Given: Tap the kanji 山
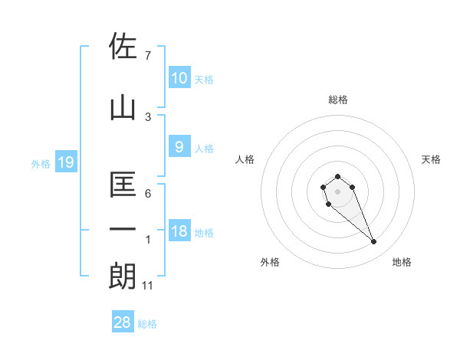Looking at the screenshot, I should coord(123,108).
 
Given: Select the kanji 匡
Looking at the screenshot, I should coord(123,184).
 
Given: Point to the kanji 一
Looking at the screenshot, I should coord(123,229).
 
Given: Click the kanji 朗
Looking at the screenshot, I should coord(123,277).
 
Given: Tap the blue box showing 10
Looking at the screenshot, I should coord(179,78).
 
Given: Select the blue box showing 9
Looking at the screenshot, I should coord(179,147).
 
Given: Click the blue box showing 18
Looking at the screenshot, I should coord(179,232).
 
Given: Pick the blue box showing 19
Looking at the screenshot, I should coord(65,162).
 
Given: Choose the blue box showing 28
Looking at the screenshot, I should coord(123,322).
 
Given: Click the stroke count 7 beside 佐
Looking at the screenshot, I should coord(148,55).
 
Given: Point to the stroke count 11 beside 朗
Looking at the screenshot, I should coord(148,286).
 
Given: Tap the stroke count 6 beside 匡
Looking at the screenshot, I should coord(148,194).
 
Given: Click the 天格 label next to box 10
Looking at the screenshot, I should coord(204,80).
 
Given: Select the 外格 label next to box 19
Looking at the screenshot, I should coord(41,163).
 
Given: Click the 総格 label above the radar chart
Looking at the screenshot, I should coord(338,100).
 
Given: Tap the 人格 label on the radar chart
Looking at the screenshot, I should coord(245,159).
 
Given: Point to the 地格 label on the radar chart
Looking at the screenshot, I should coord(402,262).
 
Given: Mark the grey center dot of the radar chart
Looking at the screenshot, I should coord(338,191).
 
